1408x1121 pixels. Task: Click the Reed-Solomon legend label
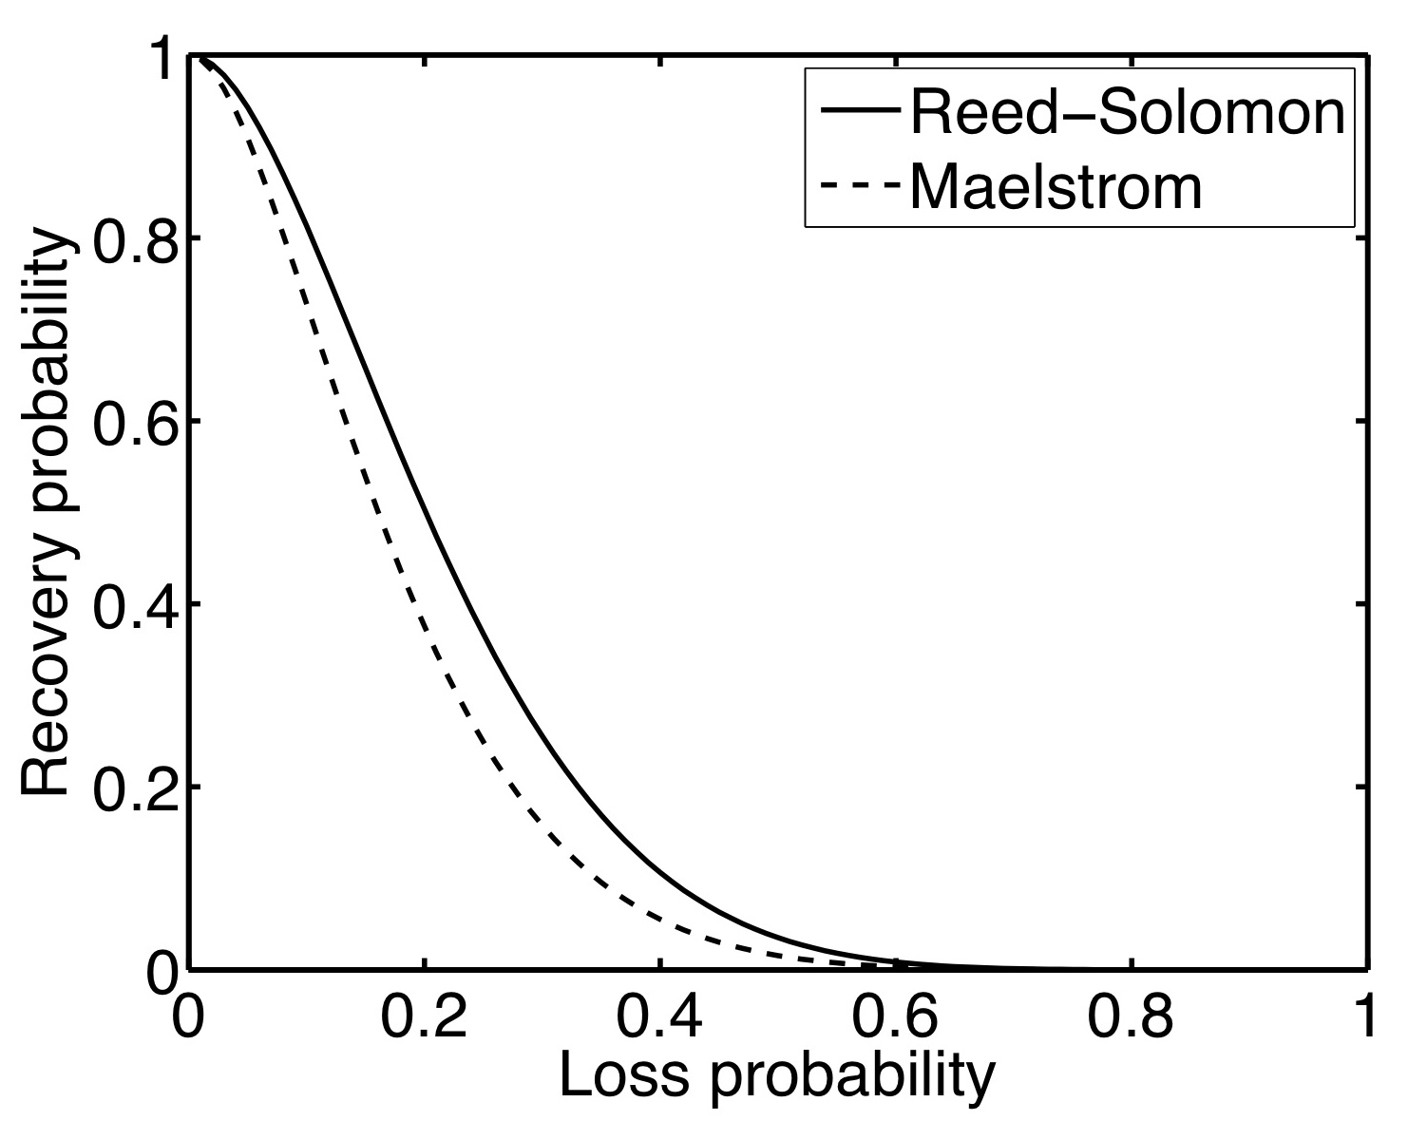pyautogui.click(x=1127, y=114)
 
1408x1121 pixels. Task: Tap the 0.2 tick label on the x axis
pyautogui.click(x=424, y=1018)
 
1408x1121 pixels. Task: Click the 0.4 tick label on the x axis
pyautogui.click(x=659, y=1018)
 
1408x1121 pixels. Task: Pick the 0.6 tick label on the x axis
pyautogui.click(x=895, y=1018)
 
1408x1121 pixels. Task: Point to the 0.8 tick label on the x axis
pyautogui.click(x=1131, y=1018)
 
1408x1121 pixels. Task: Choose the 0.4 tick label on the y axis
pyautogui.click(x=133, y=604)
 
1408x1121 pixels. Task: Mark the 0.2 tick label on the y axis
pyautogui.click(x=133, y=788)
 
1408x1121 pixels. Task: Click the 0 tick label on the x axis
pyautogui.click(x=192, y=1018)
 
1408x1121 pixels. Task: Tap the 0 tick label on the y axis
pyautogui.click(x=165, y=971)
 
